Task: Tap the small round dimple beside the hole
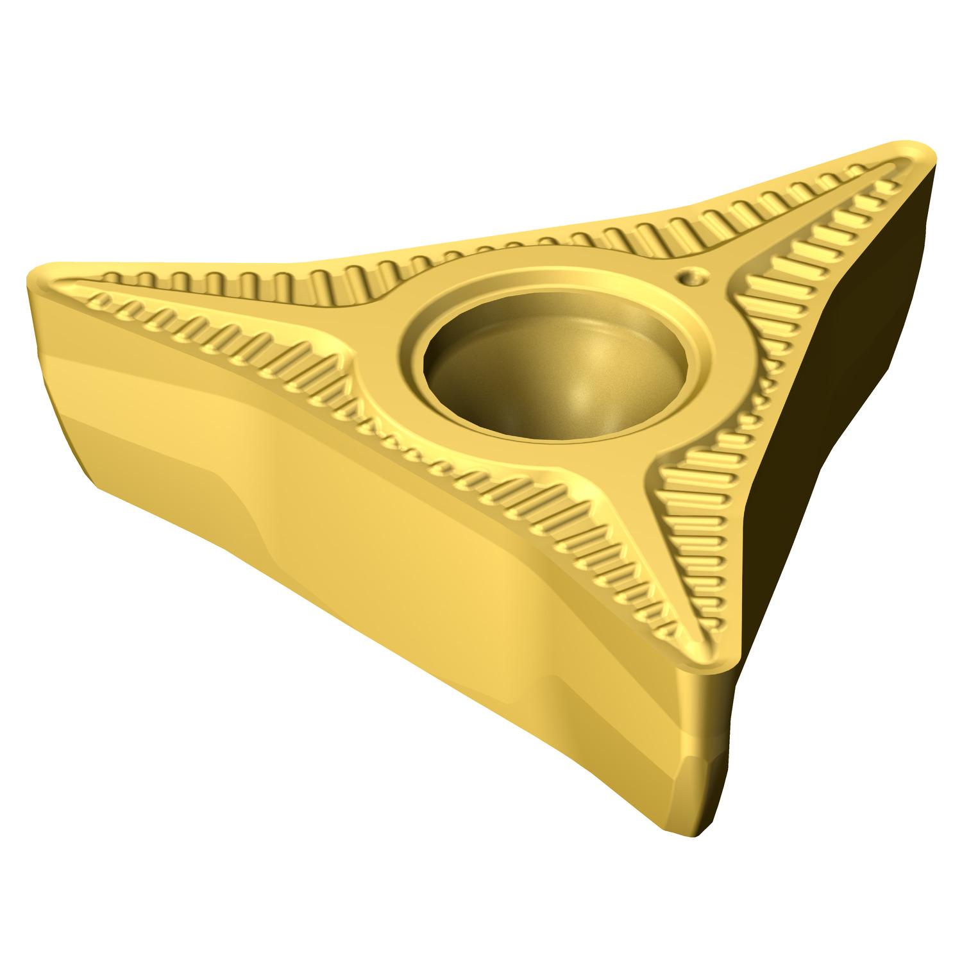coord(691,277)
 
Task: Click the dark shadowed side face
coord(853,417)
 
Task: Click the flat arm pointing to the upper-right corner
coord(770,237)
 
